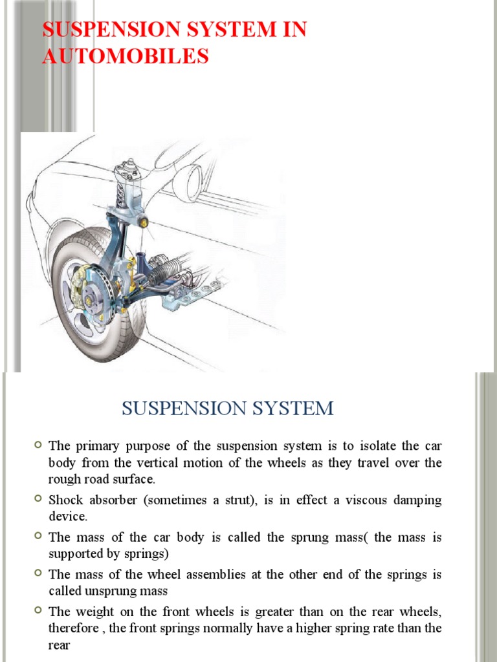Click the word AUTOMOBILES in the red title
pos(126,56)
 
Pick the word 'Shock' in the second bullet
pos(65,500)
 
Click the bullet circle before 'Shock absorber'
pos(38,499)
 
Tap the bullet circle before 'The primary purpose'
pos(38,445)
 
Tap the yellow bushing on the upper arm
pos(144,223)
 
